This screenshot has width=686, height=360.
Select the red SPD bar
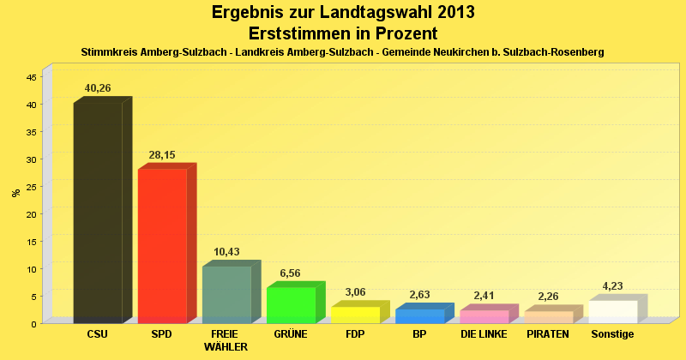tap(162, 245)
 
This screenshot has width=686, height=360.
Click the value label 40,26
tap(98, 88)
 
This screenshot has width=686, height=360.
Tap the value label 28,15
tap(162, 155)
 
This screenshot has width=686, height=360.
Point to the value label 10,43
tap(226, 252)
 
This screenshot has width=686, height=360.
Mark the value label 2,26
tap(548, 297)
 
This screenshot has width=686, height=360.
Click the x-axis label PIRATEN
tap(548, 334)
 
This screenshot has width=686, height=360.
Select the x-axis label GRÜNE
tap(291, 334)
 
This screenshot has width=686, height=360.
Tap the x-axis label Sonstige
tap(612, 334)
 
